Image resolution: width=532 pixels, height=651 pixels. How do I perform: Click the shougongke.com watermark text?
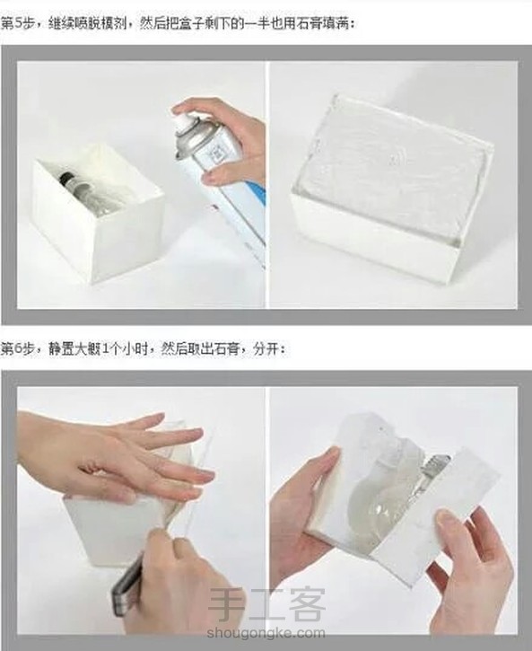pos(266,633)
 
